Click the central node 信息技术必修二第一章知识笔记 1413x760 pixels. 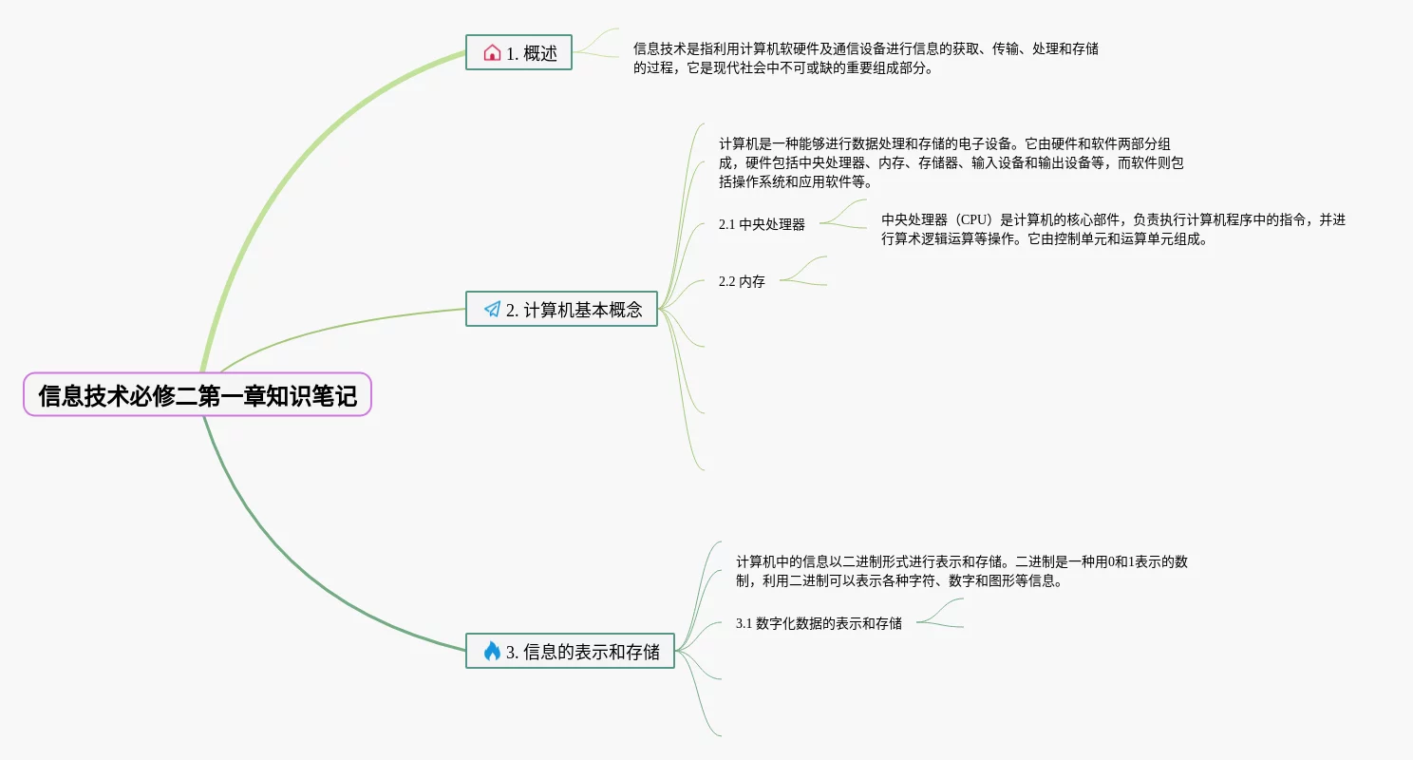(197, 394)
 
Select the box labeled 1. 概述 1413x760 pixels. (518, 53)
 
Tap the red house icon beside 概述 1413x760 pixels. (492, 53)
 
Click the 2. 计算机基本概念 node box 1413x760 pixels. (561, 309)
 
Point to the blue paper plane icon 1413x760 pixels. (492, 309)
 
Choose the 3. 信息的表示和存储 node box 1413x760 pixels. (570, 651)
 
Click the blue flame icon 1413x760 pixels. (492, 651)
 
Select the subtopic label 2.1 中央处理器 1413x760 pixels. (762, 225)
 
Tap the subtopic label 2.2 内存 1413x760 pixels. (742, 282)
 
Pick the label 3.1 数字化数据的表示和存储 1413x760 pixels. (819, 624)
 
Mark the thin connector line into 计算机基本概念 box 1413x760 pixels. (342, 328)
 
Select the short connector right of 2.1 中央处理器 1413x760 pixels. (840, 218)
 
